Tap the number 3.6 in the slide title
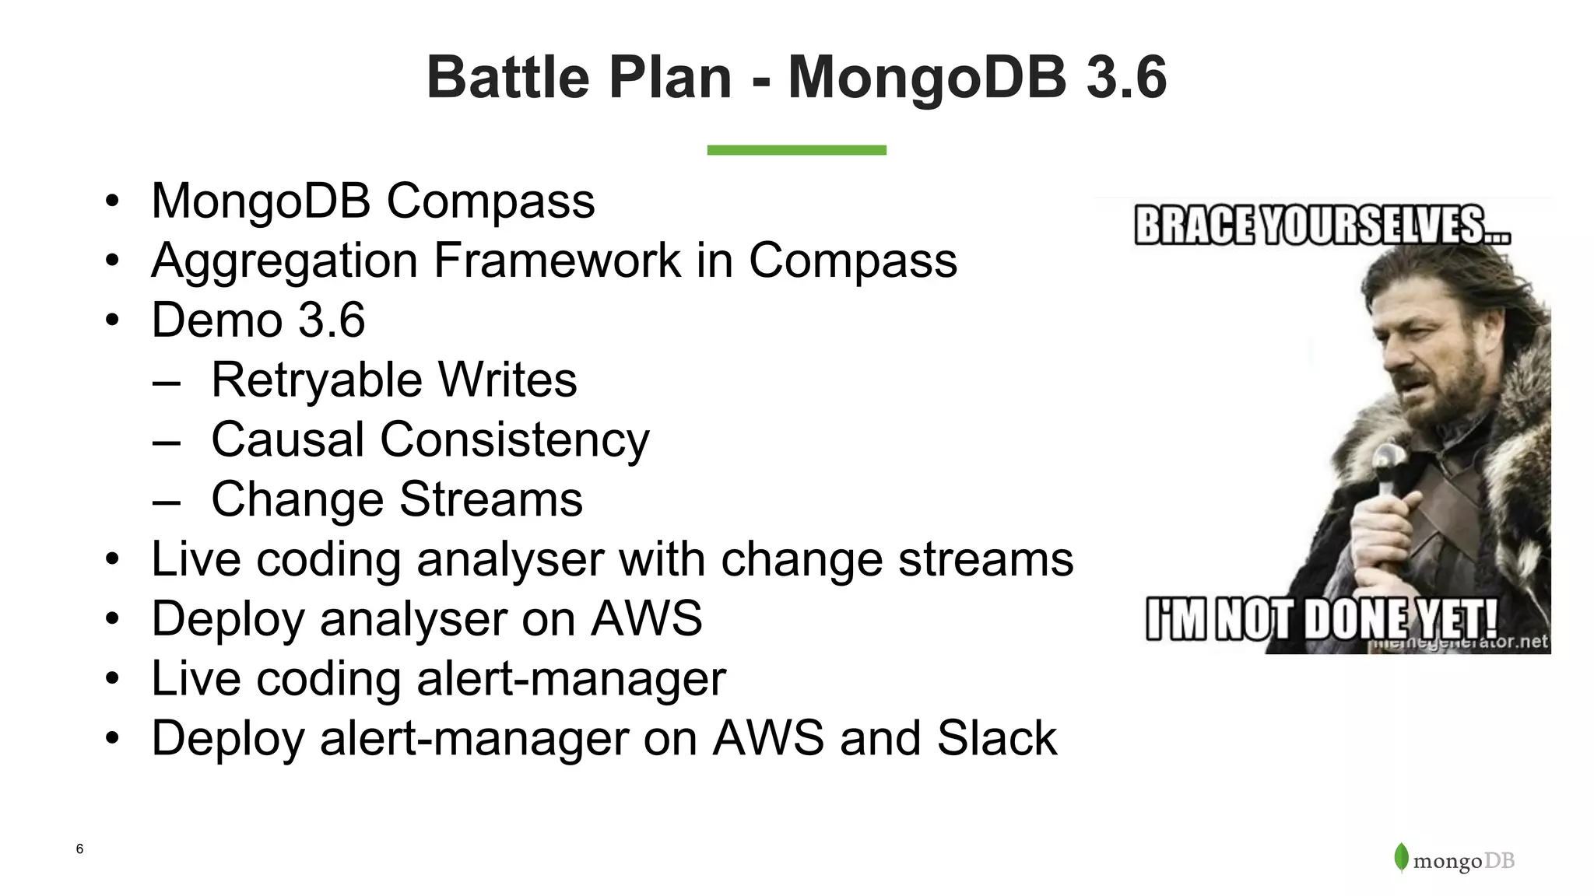tap(1125, 78)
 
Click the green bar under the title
tap(796, 150)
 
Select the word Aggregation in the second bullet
tap(284, 261)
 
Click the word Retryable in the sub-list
tap(316, 380)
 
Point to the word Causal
tap(287, 439)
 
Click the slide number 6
tap(79, 849)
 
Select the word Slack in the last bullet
tap(996, 738)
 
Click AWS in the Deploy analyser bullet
tap(646, 619)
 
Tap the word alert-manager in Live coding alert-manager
tap(571, 679)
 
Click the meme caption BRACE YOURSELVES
tap(1322, 226)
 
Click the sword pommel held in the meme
tap(1386, 458)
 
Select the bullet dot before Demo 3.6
tap(113, 320)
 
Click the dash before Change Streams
tap(167, 500)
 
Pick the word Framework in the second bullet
tap(557, 261)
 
